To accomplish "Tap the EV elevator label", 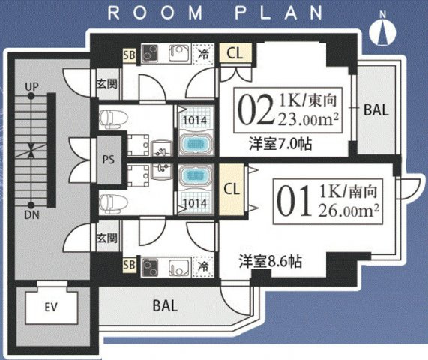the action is [x=51, y=307].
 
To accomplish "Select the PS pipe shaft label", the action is [x=109, y=160].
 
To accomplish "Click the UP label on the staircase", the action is [x=32, y=86].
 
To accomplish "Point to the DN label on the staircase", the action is [x=32, y=215].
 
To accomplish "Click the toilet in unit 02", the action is [x=113, y=118].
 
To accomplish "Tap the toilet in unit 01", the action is [x=113, y=204].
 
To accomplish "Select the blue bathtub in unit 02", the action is [x=195, y=144].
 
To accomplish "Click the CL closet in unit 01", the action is [x=232, y=189].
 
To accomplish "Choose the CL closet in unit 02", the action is [x=235, y=53].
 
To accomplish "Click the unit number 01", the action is [x=294, y=201].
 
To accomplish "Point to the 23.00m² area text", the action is [x=308, y=120].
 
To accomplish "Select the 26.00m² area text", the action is [x=349, y=211].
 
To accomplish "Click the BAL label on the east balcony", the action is [x=376, y=110].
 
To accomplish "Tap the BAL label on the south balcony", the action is [x=165, y=305].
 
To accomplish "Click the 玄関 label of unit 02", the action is [x=107, y=83].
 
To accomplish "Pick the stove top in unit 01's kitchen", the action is [x=150, y=267].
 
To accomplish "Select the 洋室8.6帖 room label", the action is [x=271, y=262].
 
